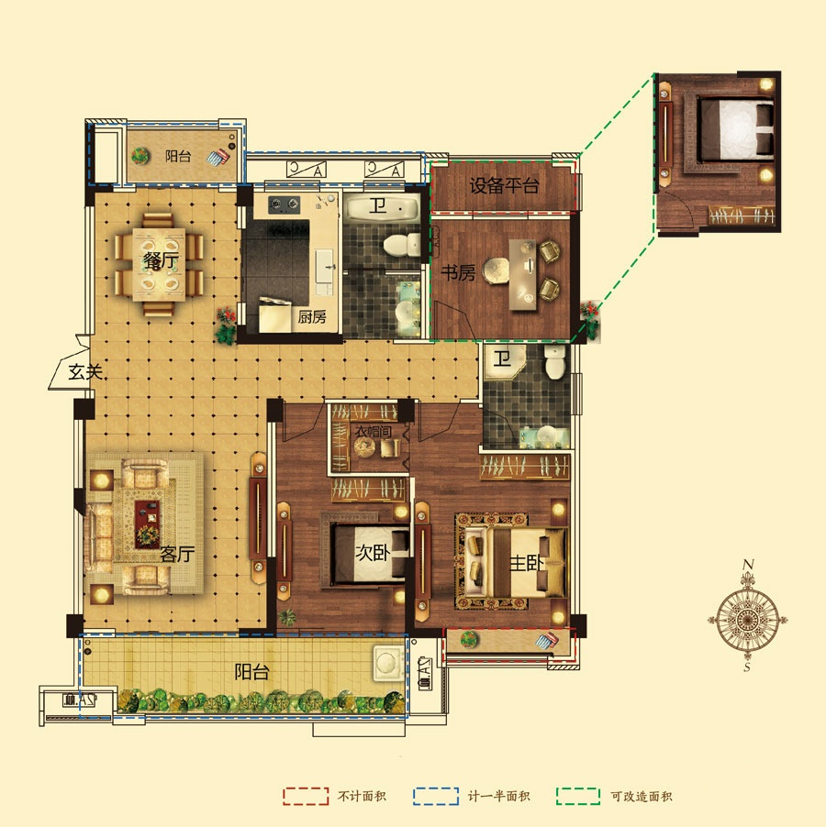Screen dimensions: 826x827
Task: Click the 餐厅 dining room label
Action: pos(161,260)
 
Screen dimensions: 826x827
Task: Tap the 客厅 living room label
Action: pos(177,554)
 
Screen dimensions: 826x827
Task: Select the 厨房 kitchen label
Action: pos(312,317)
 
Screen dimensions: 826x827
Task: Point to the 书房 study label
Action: pos(458,272)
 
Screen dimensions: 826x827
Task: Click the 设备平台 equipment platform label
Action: pos(504,185)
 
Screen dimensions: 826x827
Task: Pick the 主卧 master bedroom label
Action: pos(526,563)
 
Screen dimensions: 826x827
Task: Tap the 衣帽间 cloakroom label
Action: pos(374,432)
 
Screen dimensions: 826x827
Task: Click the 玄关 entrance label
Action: pos(85,372)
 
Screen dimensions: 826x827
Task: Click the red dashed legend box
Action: pos(306,796)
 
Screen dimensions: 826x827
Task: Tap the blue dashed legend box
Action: pos(436,796)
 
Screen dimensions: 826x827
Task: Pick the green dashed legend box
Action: pos(578,796)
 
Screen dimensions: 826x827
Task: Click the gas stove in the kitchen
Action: pos(284,204)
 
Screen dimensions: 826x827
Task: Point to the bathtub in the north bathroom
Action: pos(382,207)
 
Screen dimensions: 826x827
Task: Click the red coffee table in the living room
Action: pos(147,524)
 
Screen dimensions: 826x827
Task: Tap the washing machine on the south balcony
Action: pos(389,664)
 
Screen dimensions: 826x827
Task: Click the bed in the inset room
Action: pos(735,129)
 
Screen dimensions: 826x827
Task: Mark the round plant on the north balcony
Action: pos(140,156)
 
